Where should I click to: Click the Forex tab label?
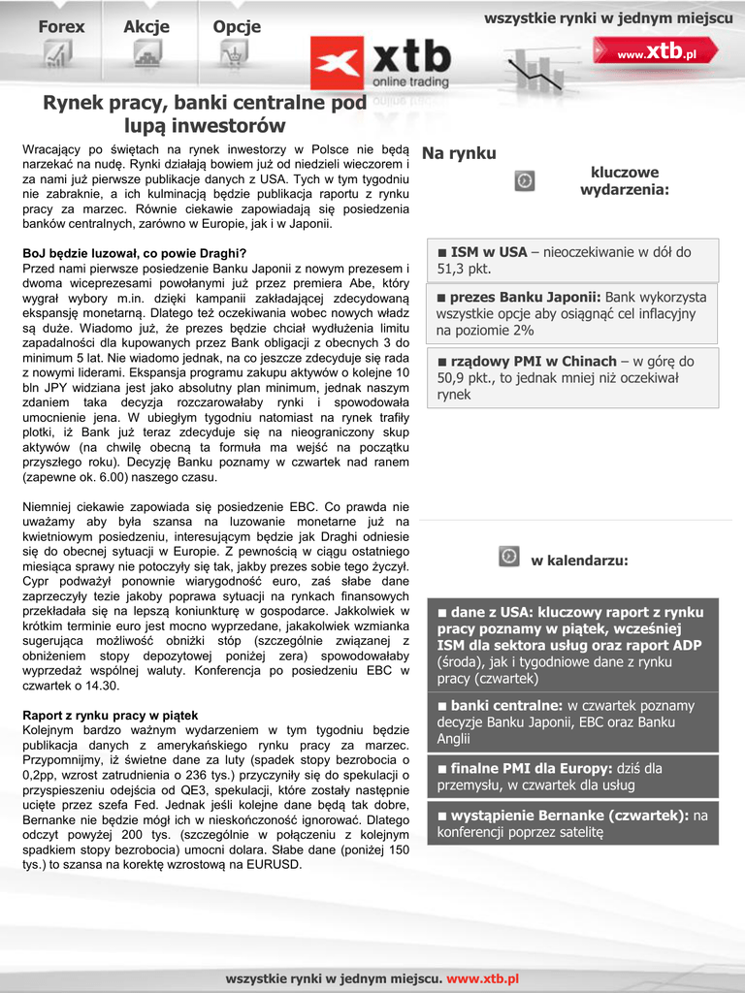pos(61,27)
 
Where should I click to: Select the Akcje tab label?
pos(146,27)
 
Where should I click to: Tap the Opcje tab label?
pos(237,27)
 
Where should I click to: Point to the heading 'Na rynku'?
pos(459,153)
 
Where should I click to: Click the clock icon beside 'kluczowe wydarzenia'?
pos(524,180)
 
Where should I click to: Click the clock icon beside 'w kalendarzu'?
pos(508,556)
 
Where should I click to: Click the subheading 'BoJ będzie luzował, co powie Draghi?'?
pos(135,253)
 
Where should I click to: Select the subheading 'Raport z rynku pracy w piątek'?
pos(110,716)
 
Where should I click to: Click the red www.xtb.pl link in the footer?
pos(482,979)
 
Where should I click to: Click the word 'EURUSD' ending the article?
pos(275,864)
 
